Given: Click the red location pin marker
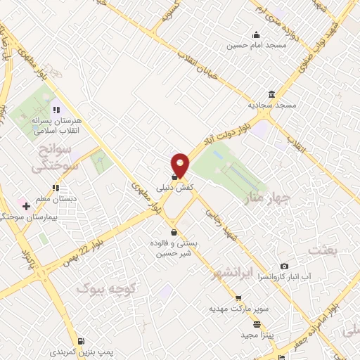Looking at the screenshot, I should pos(181,165).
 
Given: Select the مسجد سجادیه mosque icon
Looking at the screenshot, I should pos(271,95).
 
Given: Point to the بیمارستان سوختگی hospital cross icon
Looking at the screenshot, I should pos(26,206).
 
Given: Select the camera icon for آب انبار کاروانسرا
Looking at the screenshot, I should pos(284,266).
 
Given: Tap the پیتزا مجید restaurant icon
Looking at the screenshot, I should pos(257,324).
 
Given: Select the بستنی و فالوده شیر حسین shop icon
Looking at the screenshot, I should pos(174,233).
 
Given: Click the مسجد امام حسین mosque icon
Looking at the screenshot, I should pos(257,35).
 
